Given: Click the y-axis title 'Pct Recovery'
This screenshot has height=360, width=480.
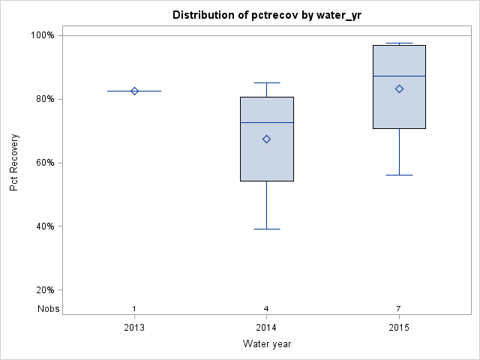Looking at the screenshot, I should coord(14,162).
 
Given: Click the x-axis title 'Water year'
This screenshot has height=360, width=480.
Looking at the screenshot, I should coord(266,343).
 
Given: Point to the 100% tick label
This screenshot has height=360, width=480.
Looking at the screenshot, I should coord(42,35).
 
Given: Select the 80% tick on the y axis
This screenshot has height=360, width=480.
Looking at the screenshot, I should coord(44,99).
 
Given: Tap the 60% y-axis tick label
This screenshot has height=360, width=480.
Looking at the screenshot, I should coord(44,163).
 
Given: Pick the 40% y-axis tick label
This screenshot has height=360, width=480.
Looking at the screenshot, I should coord(44,226).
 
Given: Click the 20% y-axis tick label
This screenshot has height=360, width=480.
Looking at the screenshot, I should coord(44,290).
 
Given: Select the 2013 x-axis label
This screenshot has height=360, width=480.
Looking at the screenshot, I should coord(134,328).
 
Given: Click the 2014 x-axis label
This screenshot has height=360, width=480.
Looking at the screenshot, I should coord(266,328).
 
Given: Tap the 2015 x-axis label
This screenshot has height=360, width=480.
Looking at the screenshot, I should coord(399,328).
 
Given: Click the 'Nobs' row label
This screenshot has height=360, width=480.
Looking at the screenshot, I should coord(47,308).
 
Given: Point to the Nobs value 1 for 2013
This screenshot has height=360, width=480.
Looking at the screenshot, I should coord(134,308).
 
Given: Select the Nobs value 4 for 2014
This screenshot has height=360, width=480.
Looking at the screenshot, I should coord(266,308).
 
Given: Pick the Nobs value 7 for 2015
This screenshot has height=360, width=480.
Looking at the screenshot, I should coord(399,308).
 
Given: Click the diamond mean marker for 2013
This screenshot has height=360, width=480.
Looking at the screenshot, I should coord(134,91).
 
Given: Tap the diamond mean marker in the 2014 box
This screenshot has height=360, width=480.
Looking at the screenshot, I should coord(266,139).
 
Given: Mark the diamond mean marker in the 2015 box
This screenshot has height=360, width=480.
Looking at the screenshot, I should coord(399,88).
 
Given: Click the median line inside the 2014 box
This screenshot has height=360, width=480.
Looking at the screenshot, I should coord(266,122).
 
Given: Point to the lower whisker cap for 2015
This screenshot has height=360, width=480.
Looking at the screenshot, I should coord(399,175).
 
